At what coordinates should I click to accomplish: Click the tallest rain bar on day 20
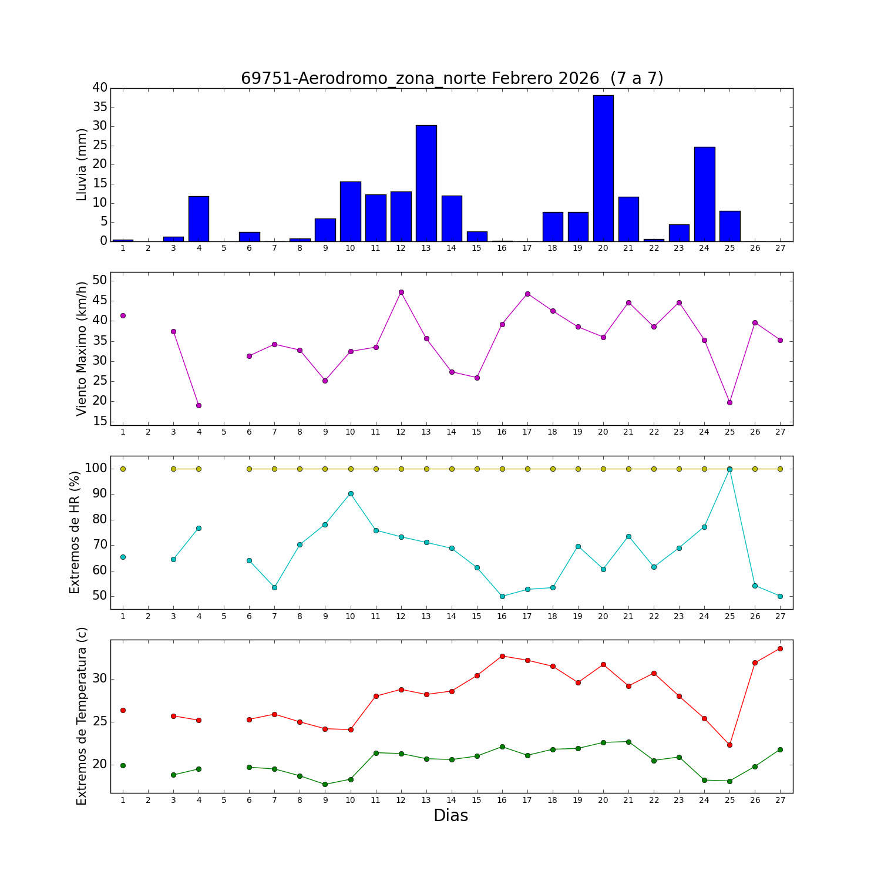click(603, 168)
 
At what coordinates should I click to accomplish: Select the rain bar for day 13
click(426, 183)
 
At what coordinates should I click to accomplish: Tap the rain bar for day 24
click(704, 194)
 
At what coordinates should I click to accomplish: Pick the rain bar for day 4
click(199, 218)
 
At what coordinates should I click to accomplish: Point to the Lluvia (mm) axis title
click(82, 164)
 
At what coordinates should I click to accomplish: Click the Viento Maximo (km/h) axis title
click(82, 348)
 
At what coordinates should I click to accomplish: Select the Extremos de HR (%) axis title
click(75, 532)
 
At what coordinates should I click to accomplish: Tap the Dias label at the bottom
click(450, 816)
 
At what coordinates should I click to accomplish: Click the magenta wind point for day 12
click(401, 292)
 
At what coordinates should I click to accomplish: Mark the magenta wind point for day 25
click(729, 402)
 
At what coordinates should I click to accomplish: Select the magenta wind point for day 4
click(199, 405)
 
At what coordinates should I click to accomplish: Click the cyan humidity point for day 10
click(351, 493)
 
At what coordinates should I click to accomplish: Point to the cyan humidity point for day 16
click(502, 596)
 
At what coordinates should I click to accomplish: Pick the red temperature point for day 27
click(780, 648)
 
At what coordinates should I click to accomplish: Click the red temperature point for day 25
click(729, 745)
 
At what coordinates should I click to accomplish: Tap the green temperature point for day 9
click(325, 784)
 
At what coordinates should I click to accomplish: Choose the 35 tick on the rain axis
click(100, 107)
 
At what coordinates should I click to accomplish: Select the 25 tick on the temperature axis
click(100, 722)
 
